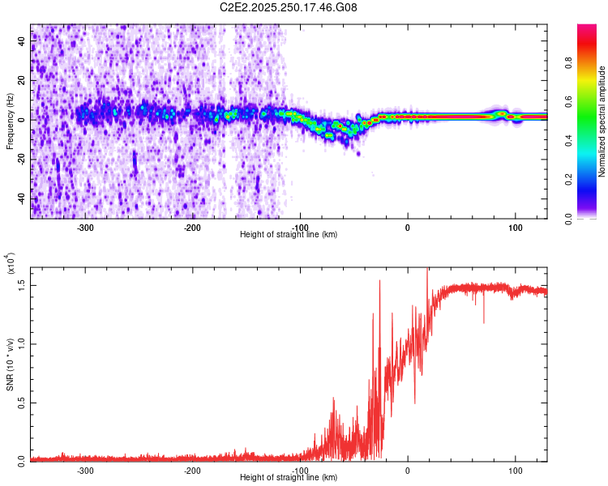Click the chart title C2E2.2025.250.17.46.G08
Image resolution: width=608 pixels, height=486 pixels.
coord(289,7)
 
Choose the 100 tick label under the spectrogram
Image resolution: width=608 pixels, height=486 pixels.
coord(515,228)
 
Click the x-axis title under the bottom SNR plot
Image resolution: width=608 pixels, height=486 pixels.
coord(289,478)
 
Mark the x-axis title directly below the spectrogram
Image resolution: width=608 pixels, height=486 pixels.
coord(289,235)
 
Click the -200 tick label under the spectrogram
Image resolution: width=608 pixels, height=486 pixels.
coord(192,228)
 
